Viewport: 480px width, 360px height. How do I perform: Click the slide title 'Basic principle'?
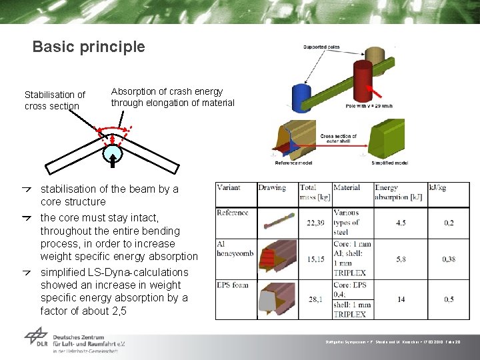tap(88, 47)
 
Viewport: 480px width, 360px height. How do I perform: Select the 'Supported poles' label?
tap(321, 47)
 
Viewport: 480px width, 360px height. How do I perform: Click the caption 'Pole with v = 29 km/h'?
tap(369, 107)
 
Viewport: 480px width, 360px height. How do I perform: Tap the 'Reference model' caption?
tap(295, 163)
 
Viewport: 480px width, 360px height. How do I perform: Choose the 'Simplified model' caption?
tap(389, 163)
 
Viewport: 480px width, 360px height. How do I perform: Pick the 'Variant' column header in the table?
tap(229, 188)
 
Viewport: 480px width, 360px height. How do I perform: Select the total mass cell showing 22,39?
tap(315, 223)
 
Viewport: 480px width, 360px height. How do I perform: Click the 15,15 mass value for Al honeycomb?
tap(315, 259)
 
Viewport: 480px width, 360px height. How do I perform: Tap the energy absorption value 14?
tap(401, 299)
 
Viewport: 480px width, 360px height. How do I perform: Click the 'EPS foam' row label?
tap(232, 285)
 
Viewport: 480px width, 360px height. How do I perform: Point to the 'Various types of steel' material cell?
tap(347, 222)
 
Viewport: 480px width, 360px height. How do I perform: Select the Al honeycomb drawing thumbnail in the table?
tap(276, 257)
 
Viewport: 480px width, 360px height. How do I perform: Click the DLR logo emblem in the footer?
tap(36, 338)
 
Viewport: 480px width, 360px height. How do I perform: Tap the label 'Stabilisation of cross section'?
tap(55, 100)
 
